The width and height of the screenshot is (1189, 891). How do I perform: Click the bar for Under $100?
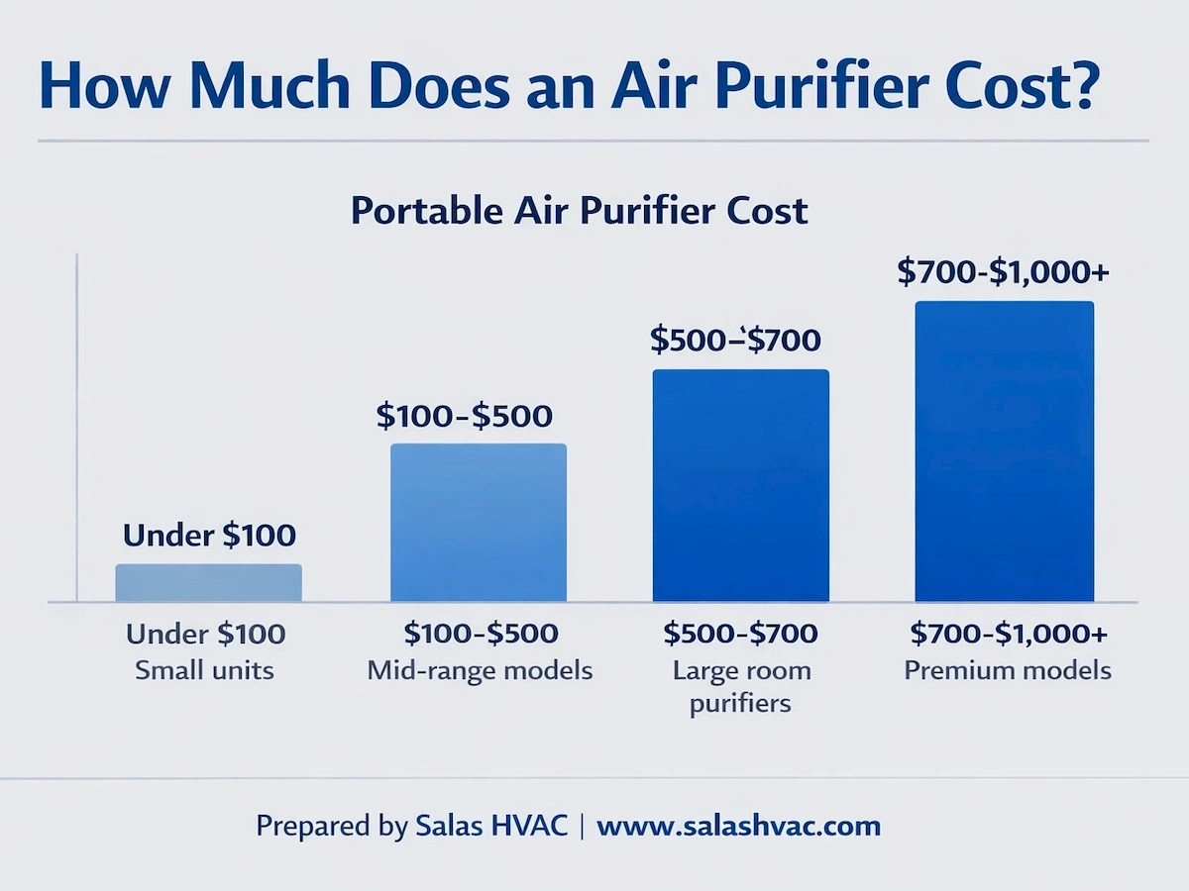point(208,583)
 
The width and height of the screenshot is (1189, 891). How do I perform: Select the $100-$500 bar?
point(479,523)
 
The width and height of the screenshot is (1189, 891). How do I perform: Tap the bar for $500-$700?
point(740,485)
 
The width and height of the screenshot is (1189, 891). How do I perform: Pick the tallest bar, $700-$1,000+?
point(1004,451)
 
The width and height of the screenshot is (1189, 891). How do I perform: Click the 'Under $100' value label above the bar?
point(209,536)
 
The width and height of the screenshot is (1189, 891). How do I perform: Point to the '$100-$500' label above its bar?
point(465,416)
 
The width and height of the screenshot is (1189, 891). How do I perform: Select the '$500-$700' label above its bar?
point(735,341)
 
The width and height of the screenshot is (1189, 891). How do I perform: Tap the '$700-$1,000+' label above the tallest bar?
point(1003,272)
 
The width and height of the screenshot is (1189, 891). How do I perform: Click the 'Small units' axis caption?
point(204,670)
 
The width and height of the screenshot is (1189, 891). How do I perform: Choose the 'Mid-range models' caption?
point(480,670)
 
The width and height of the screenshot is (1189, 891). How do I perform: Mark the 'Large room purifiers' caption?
point(741,687)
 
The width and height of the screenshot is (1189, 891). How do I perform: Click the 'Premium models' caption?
point(1008,670)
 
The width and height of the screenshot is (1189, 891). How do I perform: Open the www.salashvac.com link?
point(738,826)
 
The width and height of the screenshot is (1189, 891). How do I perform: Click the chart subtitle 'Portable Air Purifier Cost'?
point(580,211)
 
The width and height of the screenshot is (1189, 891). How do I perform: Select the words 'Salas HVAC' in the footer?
point(490,826)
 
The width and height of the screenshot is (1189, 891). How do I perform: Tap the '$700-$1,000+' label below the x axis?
point(1008,634)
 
